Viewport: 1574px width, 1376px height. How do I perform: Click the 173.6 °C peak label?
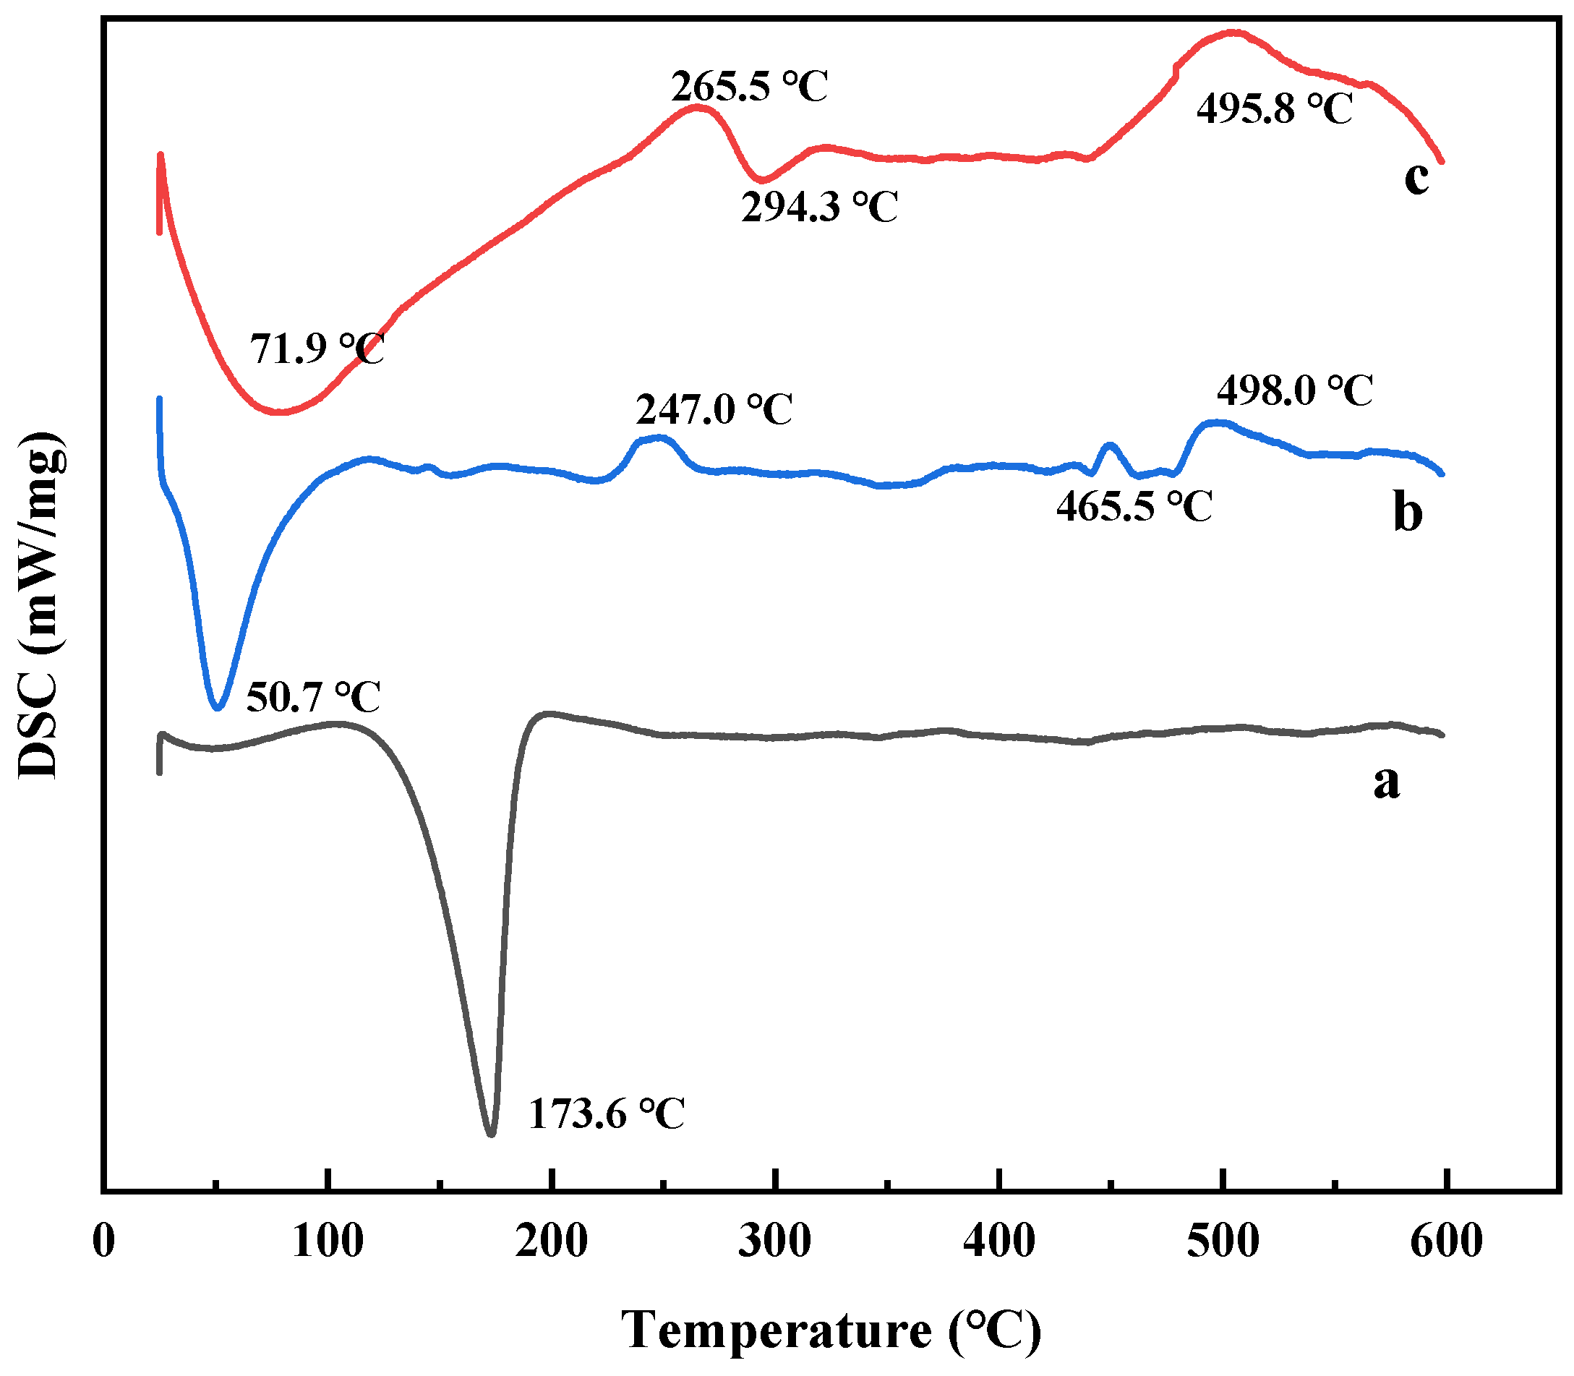tap(606, 1114)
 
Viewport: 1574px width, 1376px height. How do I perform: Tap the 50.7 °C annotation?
tap(312, 697)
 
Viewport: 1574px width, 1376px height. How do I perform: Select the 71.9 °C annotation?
tap(317, 349)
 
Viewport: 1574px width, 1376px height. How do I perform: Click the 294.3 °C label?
tap(819, 207)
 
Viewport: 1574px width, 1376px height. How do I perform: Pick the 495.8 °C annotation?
tap(1275, 108)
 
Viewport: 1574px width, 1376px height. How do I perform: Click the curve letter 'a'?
tap(1387, 782)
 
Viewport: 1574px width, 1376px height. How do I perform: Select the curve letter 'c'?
tap(1416, 178)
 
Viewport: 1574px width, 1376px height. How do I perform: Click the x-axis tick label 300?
tap(775, 1242)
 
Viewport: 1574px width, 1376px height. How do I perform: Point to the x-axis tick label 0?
tap(103, 1242)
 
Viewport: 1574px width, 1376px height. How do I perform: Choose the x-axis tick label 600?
tap(1446, 1242)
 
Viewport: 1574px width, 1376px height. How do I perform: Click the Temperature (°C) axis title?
tap(831, 1330)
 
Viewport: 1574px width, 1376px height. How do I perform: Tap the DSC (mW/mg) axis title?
tap(40, 605)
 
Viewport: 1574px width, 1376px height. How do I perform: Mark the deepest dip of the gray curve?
tap(492, 1134)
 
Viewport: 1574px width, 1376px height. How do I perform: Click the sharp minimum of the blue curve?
tap(218, 708)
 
